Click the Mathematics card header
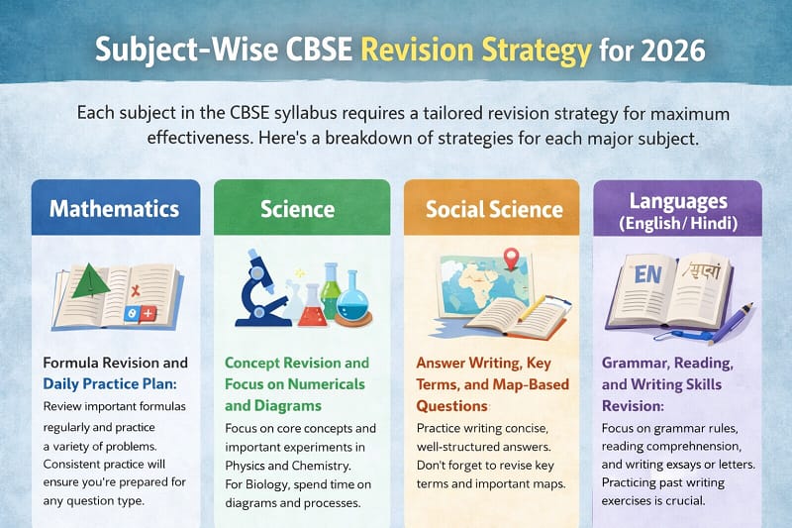(x=114, y=209)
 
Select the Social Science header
(x=494, y=209)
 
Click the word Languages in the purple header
(x=678, y=201)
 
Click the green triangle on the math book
(x=92, y=280)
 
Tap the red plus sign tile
(x=149, y=313)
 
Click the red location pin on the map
(x=511, y=260)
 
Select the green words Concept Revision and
(x=296, y=363)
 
